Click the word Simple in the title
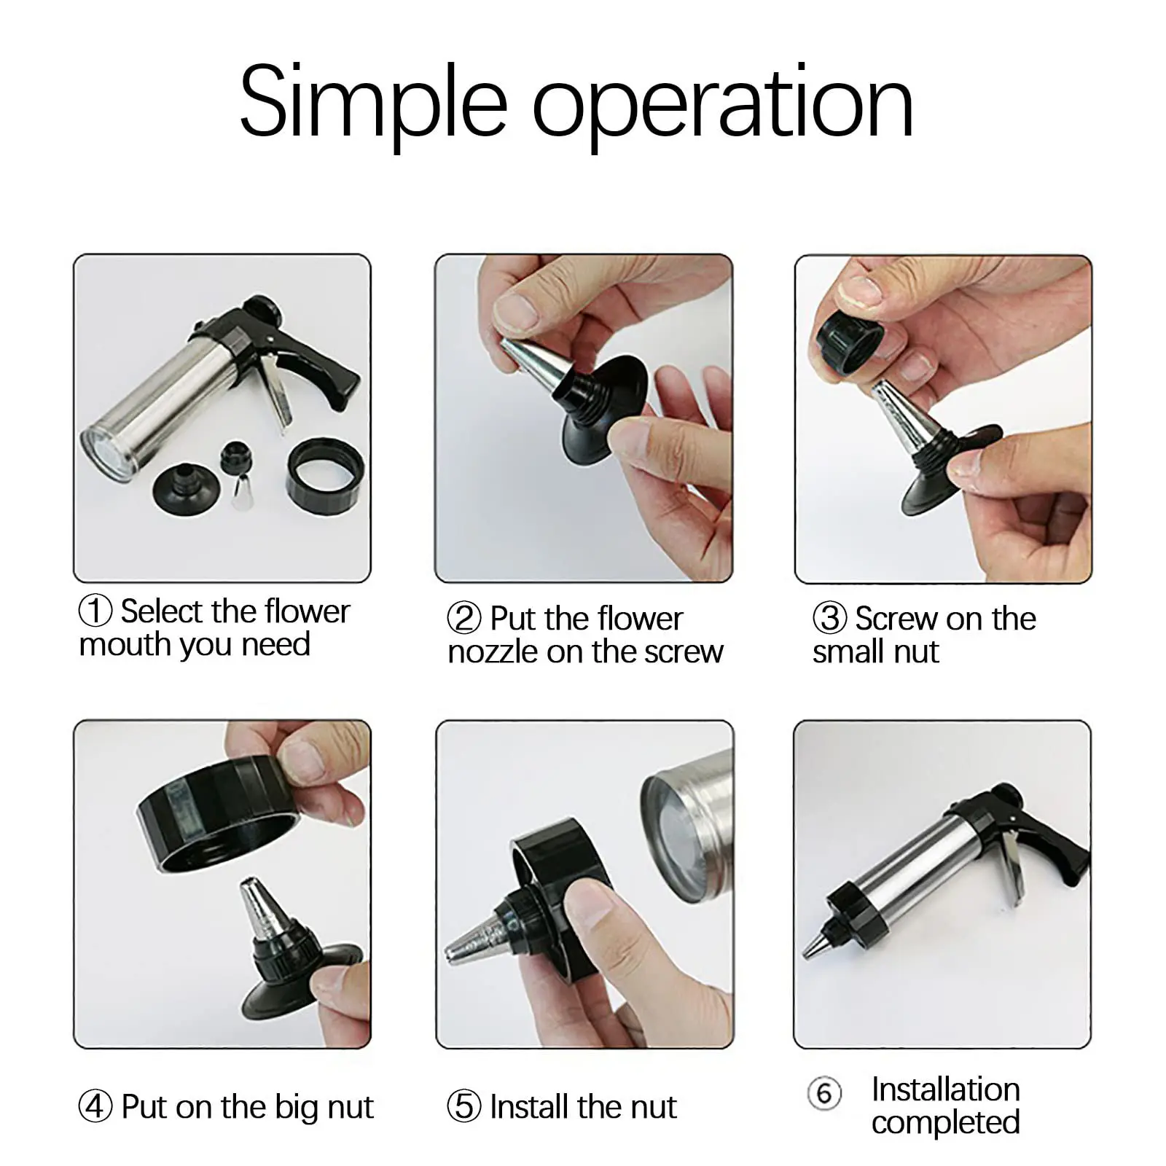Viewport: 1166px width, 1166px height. (x=373, y=104)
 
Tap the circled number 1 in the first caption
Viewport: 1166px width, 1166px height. (x=95, y=611)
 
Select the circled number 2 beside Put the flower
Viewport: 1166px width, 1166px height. (x=464, y=618)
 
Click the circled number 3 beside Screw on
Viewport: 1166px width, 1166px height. (x=829, y=618)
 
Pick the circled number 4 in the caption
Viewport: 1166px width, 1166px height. (x=95, y=1106)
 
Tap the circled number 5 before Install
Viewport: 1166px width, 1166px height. (x=464, y=1106)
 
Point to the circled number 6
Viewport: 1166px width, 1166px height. (x=824, y=1093)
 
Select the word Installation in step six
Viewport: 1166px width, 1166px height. (x=946, y=1089)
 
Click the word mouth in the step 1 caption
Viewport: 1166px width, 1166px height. (x=125, y=645)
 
